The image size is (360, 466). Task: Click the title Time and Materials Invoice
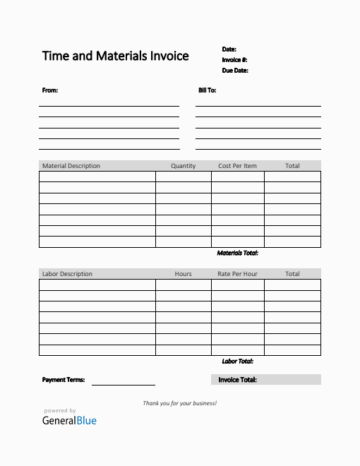[115, 56]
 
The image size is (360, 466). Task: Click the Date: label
[229, 49]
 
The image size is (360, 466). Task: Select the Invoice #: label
[234, 60]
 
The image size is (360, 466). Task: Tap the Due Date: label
[235, 71]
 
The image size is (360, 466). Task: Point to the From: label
[50, 90]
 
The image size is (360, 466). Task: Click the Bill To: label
[207, 90]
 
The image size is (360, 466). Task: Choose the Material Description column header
[71, 166]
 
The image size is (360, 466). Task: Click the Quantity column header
[184, 166]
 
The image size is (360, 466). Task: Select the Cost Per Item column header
[238, 166]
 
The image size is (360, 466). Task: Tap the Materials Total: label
[237, 253]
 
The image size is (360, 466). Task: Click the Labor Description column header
[67, 274]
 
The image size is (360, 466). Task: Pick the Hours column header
[184, 274]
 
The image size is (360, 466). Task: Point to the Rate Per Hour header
[237, 274]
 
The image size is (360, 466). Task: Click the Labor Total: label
[237, 362]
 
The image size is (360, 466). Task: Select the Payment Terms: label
[64, 380]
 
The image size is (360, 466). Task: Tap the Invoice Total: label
[237, 380]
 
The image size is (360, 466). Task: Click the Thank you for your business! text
[180, 403]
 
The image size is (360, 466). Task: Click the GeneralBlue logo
[69, 421]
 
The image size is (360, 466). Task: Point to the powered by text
[60, 410]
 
